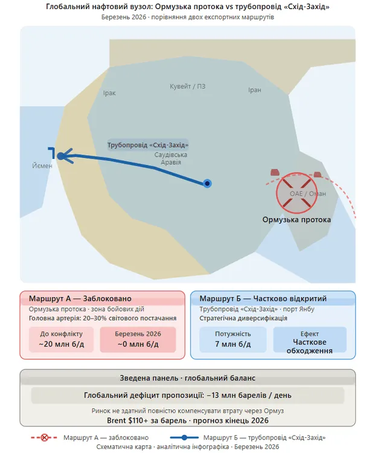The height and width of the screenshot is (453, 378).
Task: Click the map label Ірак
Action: click(109, 93)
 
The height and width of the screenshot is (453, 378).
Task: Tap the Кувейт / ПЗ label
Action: click(188, 86)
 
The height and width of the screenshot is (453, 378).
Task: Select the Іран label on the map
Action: click(255, 90)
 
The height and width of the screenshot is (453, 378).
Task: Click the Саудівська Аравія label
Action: click(168, 159)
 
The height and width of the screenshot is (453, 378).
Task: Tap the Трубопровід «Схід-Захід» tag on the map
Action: click(148, 146)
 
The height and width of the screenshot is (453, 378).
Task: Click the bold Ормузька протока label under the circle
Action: click(296, 220)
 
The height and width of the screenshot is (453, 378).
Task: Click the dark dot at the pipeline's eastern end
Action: click(207, 183)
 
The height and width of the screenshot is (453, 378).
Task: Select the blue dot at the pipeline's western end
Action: click(61, 156)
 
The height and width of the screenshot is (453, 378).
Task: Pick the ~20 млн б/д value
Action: click(62, 344)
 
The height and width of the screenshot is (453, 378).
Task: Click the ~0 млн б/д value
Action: click(138, 344)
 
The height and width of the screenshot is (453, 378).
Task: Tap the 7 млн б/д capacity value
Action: click(232, 344)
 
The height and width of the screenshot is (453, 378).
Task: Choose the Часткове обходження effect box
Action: click(310, 344)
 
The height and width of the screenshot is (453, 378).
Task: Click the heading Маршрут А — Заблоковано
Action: click(80, 298)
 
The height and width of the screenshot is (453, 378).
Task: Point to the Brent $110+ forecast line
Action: click(188, 420)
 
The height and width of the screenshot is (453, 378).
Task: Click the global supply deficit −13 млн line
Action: click(188, 396)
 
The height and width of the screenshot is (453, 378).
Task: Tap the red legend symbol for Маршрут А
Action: click(43, 437)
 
